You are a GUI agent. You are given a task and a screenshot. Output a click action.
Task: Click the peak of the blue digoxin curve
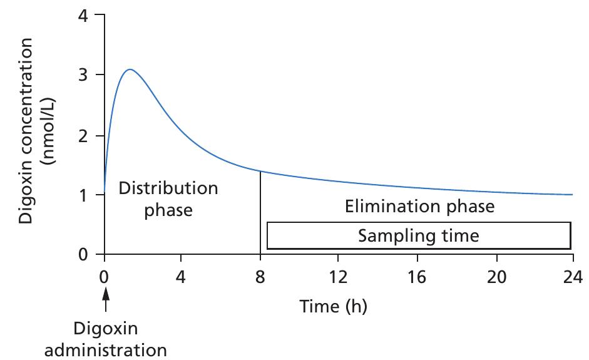click(130, 69)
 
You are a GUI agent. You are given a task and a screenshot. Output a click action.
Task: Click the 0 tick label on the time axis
click(105, 276)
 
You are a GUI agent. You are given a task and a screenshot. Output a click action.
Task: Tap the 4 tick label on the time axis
click(181, 276)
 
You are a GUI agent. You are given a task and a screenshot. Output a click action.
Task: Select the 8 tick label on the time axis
click(260, 276)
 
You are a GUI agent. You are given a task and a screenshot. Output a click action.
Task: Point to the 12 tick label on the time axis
click(338, 276)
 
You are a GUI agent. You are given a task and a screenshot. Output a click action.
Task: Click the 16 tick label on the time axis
click(417, 276)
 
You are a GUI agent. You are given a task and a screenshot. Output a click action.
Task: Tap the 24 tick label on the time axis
click(572, 276)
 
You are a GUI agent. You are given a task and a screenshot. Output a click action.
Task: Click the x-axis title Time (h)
click(333, 307)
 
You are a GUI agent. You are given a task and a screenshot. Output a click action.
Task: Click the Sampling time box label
click(418, 236)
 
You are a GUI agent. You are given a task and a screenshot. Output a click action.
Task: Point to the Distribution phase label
click(168, 198)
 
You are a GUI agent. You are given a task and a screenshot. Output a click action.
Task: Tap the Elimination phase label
click(419, 206)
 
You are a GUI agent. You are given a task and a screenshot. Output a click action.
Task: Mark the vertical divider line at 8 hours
click(260, 213)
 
